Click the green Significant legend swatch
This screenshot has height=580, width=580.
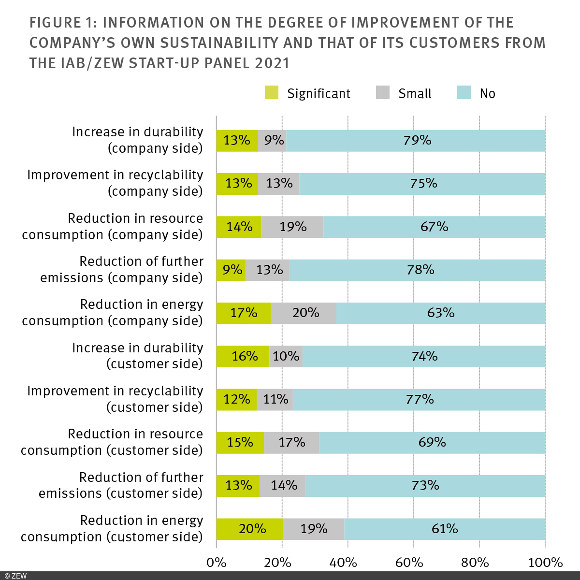point(272,93)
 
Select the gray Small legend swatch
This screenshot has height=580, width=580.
point(382,93)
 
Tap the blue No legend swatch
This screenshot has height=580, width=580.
point(464,93)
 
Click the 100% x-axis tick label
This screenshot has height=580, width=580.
point(545,563)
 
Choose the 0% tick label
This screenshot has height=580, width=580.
point(216,563)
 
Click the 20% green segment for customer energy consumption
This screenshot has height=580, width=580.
point(249,529)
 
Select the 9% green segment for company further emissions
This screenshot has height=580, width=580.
point(231,270)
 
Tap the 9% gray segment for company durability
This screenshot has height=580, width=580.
point(272,141)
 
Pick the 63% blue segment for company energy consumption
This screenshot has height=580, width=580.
point(440,313)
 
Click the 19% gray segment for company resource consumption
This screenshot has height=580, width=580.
point(292,227)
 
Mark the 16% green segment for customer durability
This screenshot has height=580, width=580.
point(243,356)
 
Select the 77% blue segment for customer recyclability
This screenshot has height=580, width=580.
point(419,399)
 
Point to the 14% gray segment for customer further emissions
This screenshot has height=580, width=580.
point(283,485)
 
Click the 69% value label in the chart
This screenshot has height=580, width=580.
point(432,442)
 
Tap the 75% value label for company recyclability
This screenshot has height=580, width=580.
point(423,184)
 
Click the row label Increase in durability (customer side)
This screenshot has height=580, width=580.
point(137,356)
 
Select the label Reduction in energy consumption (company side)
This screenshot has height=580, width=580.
point(112,313)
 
